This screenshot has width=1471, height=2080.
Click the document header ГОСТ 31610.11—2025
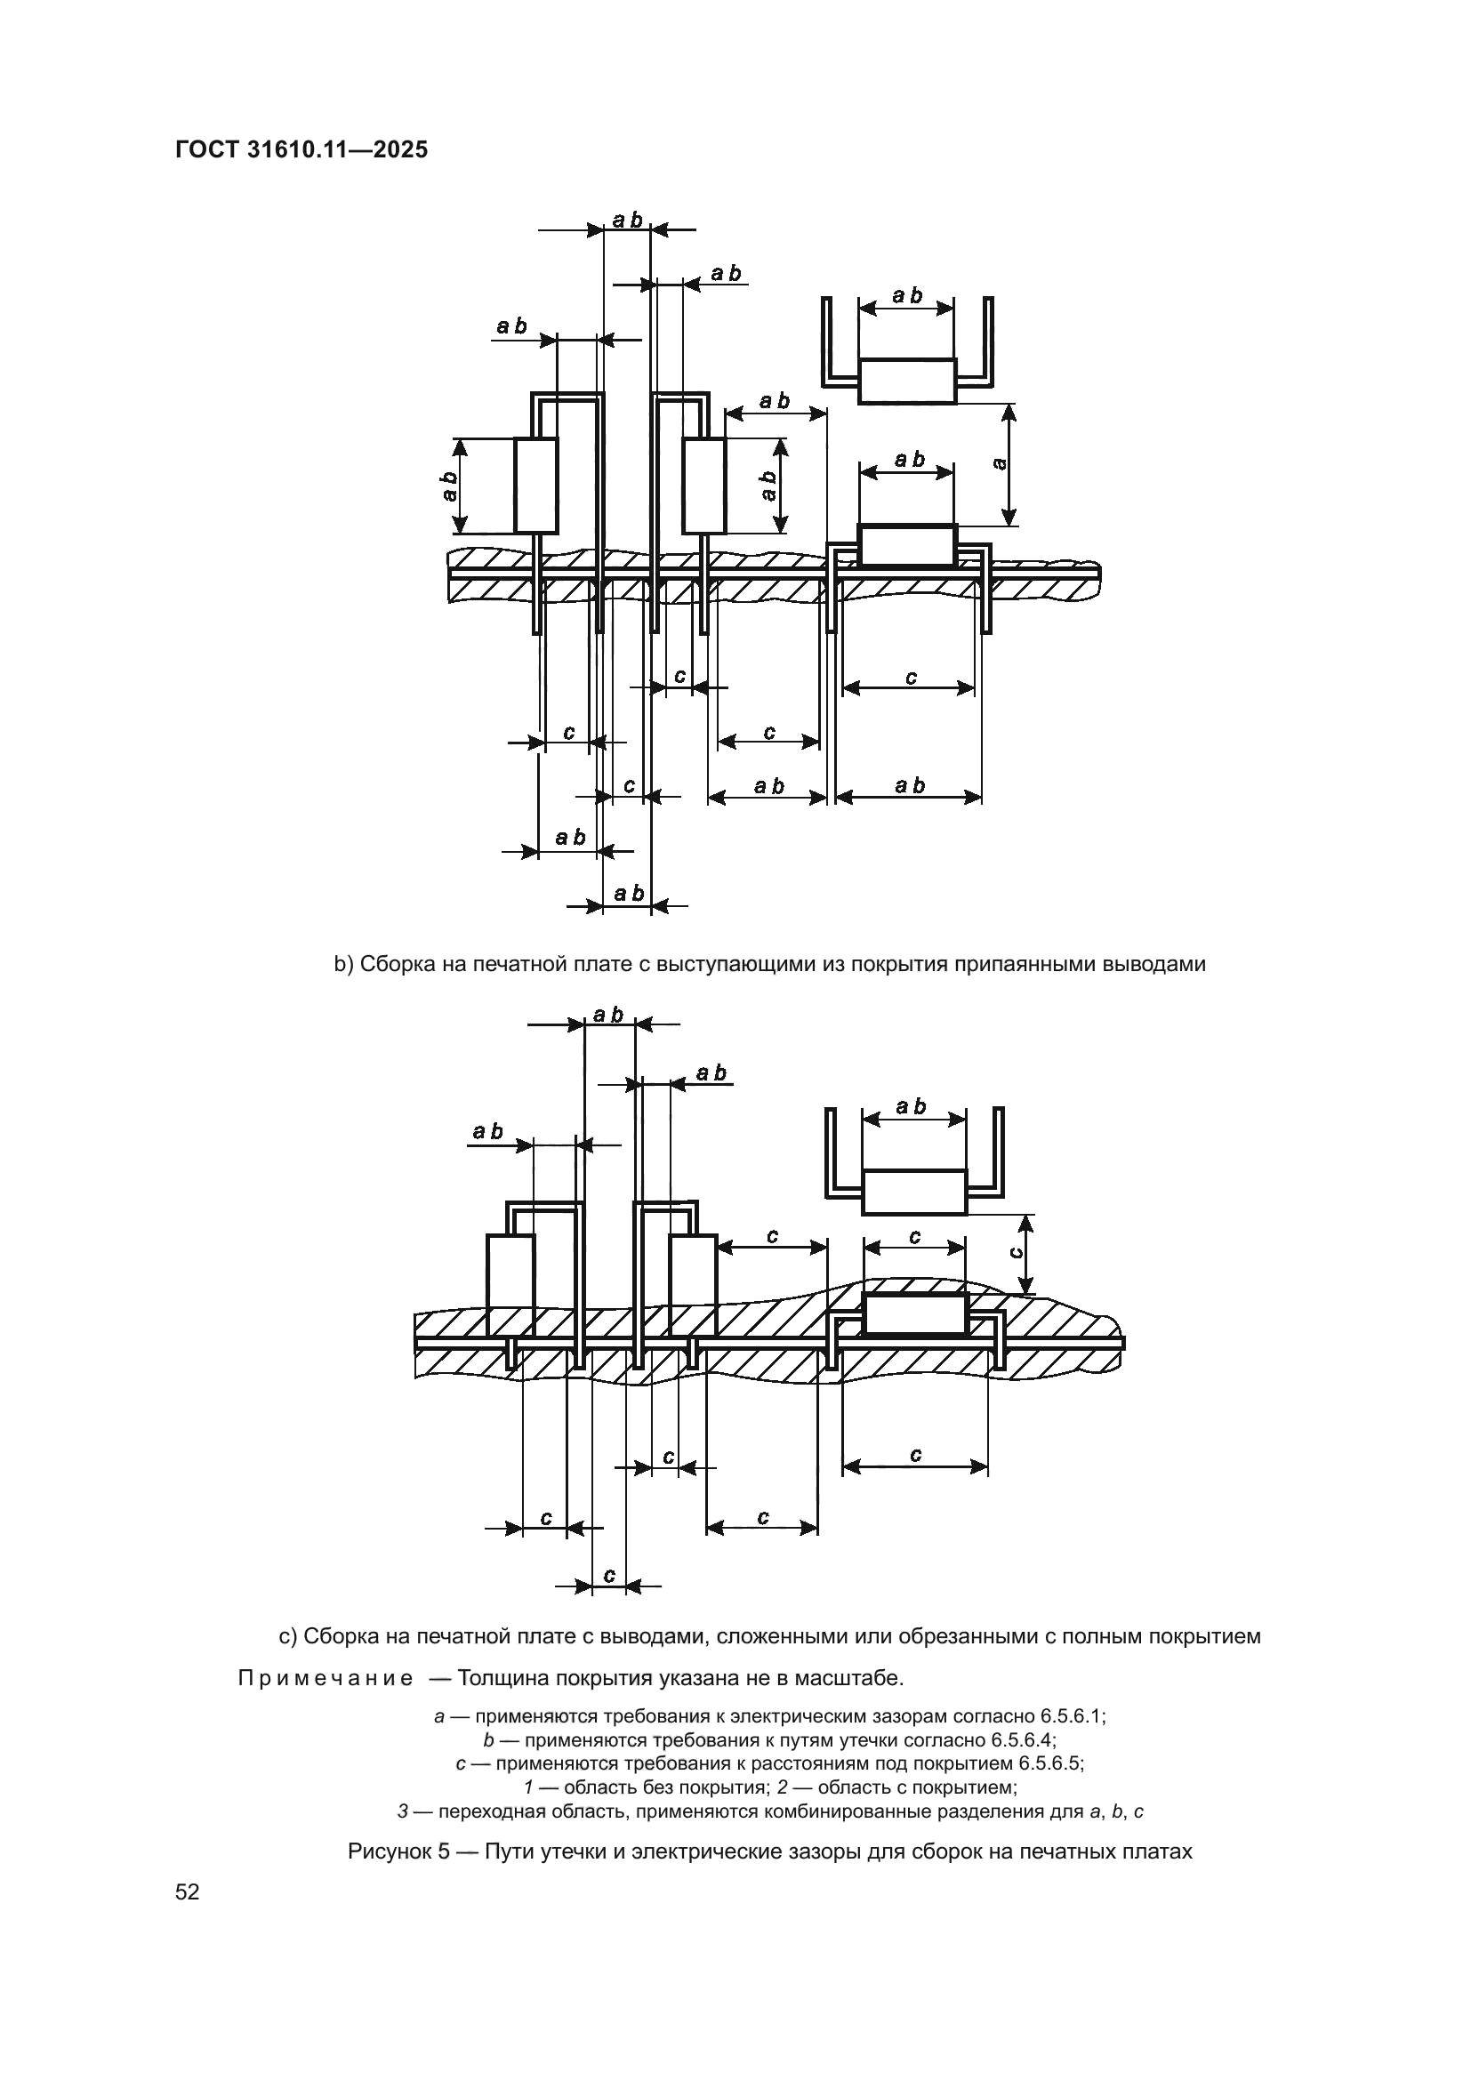tap(301, 149)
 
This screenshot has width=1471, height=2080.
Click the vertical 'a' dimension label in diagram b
tap(1000, 464)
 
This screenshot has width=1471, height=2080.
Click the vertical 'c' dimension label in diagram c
tap(1016, 1251)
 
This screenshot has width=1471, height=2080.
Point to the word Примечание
tap(326, 1679)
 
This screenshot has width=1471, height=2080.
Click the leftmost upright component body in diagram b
tap(536, 486)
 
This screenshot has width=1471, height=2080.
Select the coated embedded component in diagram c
tap(915, 1314)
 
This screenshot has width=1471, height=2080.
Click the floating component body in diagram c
tap(915, 1192)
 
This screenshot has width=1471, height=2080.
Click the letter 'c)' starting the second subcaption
tap(287, 1636)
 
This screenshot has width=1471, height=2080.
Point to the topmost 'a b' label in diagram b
tap(627, 221)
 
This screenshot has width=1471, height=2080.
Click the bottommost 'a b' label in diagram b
tap(628, 893)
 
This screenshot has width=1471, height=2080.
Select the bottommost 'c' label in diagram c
tap(608, 1576)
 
